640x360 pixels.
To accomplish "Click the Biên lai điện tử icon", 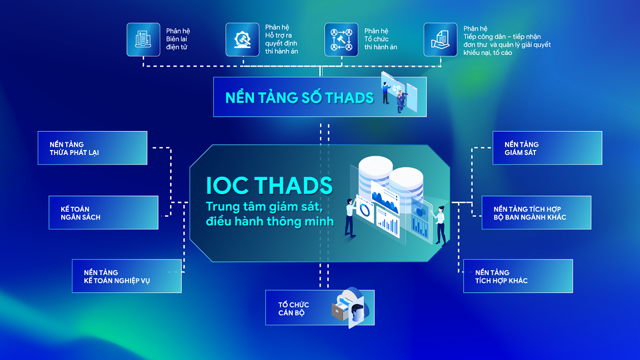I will tap(143, 39).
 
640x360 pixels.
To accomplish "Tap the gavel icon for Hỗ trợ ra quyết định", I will tap(242, 39).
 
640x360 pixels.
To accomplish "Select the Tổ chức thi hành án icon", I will tap(341, 39).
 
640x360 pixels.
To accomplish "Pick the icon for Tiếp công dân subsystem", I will tap(440, 39).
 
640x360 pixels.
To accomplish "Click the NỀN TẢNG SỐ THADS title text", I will tap(299, 98).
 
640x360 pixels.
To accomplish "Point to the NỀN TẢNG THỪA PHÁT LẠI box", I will tap(92, 148).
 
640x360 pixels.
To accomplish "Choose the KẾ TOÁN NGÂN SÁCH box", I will tap(103, 213).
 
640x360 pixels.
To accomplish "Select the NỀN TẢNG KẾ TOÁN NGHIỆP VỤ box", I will tap(127, 276).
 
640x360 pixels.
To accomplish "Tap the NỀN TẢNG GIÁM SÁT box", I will tap(547, 148).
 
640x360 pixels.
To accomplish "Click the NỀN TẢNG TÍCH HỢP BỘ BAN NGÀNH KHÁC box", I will tap(536, 213).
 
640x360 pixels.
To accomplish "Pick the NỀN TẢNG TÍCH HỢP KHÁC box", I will tap(517, 276).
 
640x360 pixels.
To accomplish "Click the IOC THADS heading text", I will tap(269, 185).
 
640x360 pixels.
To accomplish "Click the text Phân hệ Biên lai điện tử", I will tap(178, 39).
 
